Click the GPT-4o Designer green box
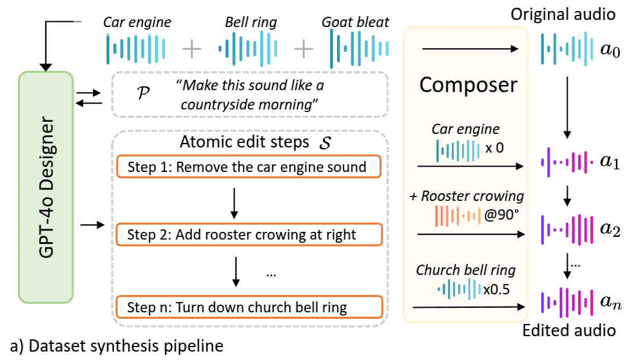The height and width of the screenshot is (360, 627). pos(46,186)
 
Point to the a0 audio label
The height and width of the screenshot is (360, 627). pos(605,50)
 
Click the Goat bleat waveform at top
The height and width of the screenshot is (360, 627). pos(355,49)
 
